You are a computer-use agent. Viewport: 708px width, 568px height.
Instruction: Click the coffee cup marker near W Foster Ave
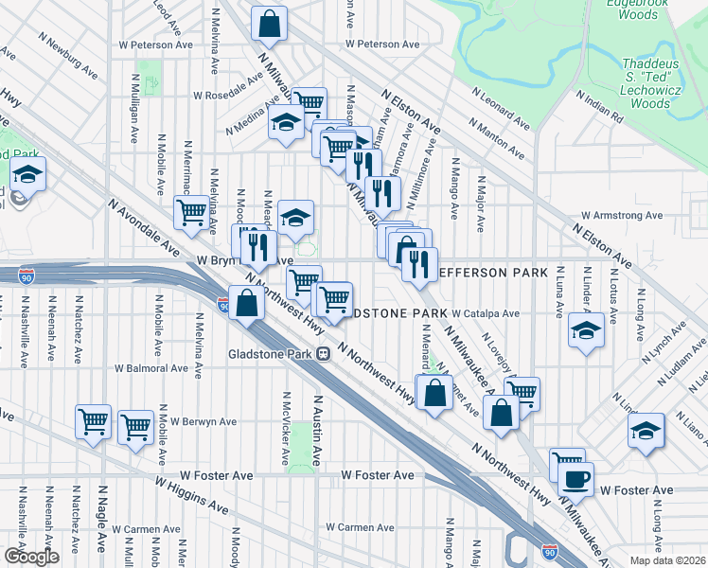(576, 478)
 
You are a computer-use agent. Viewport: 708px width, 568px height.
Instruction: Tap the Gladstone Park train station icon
(323, 354)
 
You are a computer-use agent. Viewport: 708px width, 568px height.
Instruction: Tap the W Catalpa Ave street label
(486, 313)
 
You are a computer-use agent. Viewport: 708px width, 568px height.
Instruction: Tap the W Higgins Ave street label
(193, 495)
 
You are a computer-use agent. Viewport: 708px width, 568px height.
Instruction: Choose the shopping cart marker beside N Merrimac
(191, 212)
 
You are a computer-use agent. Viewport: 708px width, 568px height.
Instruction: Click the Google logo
(31, 557)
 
